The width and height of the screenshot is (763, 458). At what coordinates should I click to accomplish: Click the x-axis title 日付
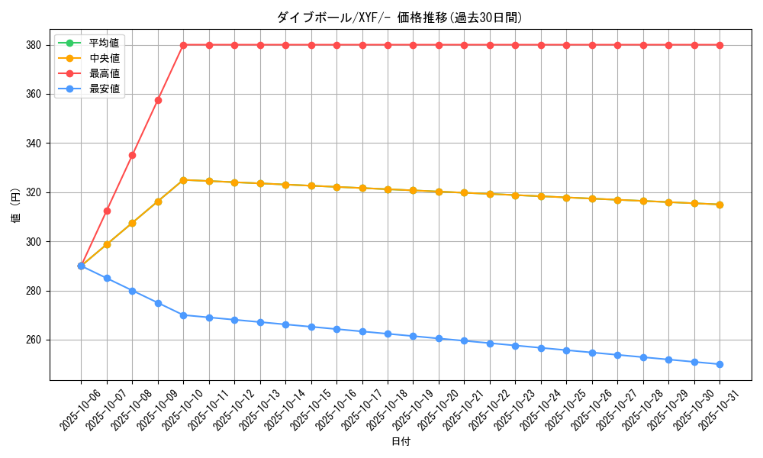click(x=401, y=442)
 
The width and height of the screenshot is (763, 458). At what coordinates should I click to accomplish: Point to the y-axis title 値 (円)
click(x=15, y=206)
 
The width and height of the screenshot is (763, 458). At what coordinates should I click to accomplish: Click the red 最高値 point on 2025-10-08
click(x=132, y=155)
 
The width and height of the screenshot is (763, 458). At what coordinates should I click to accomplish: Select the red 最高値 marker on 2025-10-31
click(x=720, y=45)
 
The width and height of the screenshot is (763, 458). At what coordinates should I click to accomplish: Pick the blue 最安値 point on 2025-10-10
click(x=183, y=315)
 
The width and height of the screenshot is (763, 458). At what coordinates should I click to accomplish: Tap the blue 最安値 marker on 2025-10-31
click(x=720, y=364)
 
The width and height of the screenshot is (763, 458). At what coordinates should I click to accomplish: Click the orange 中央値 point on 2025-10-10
click(x=183, y=180)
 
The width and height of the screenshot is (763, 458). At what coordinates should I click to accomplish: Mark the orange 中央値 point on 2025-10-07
click(x=107, y=244)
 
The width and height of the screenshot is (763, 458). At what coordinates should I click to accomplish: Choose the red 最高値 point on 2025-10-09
click(x=158, y=100)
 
